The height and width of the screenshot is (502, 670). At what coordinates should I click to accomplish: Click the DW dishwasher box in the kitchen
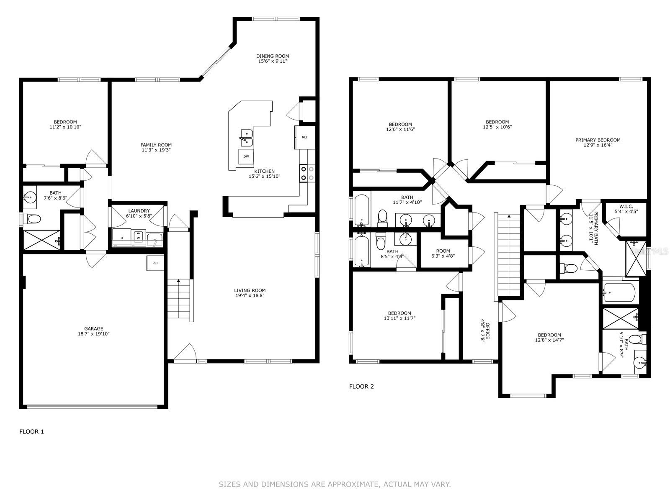click(x=246, y=156)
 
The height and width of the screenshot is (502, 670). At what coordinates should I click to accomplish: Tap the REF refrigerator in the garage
click(x=156, y=263)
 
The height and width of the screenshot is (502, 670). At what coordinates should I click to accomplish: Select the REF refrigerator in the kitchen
click(x=305, y=138)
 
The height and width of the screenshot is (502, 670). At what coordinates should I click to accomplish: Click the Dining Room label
click(x=273, y=56)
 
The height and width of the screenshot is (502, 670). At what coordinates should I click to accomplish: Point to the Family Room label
click(x=156, y=145)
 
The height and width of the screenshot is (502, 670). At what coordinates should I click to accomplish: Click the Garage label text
click(x=94, y=328)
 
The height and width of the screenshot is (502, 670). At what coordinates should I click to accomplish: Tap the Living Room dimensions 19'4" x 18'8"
click(x=250, y=295)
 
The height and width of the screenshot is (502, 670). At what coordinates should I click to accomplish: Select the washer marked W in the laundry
click(x=138, y=237)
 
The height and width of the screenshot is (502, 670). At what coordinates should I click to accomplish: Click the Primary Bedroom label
click(x=598, y=140)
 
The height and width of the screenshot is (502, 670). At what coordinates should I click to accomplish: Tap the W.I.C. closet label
click(x=626, y=206)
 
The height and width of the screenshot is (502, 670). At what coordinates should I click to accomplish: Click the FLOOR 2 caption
click(x=361, y=387)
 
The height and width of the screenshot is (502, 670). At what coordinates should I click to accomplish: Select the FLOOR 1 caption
click(x=31, y=432)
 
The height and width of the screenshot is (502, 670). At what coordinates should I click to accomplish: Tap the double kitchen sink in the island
click(x=247, y=138)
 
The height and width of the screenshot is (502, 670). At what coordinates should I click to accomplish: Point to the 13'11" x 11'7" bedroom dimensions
click(x=399, y=318)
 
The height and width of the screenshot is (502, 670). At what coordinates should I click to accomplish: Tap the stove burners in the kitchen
click(x=307, y=174)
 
